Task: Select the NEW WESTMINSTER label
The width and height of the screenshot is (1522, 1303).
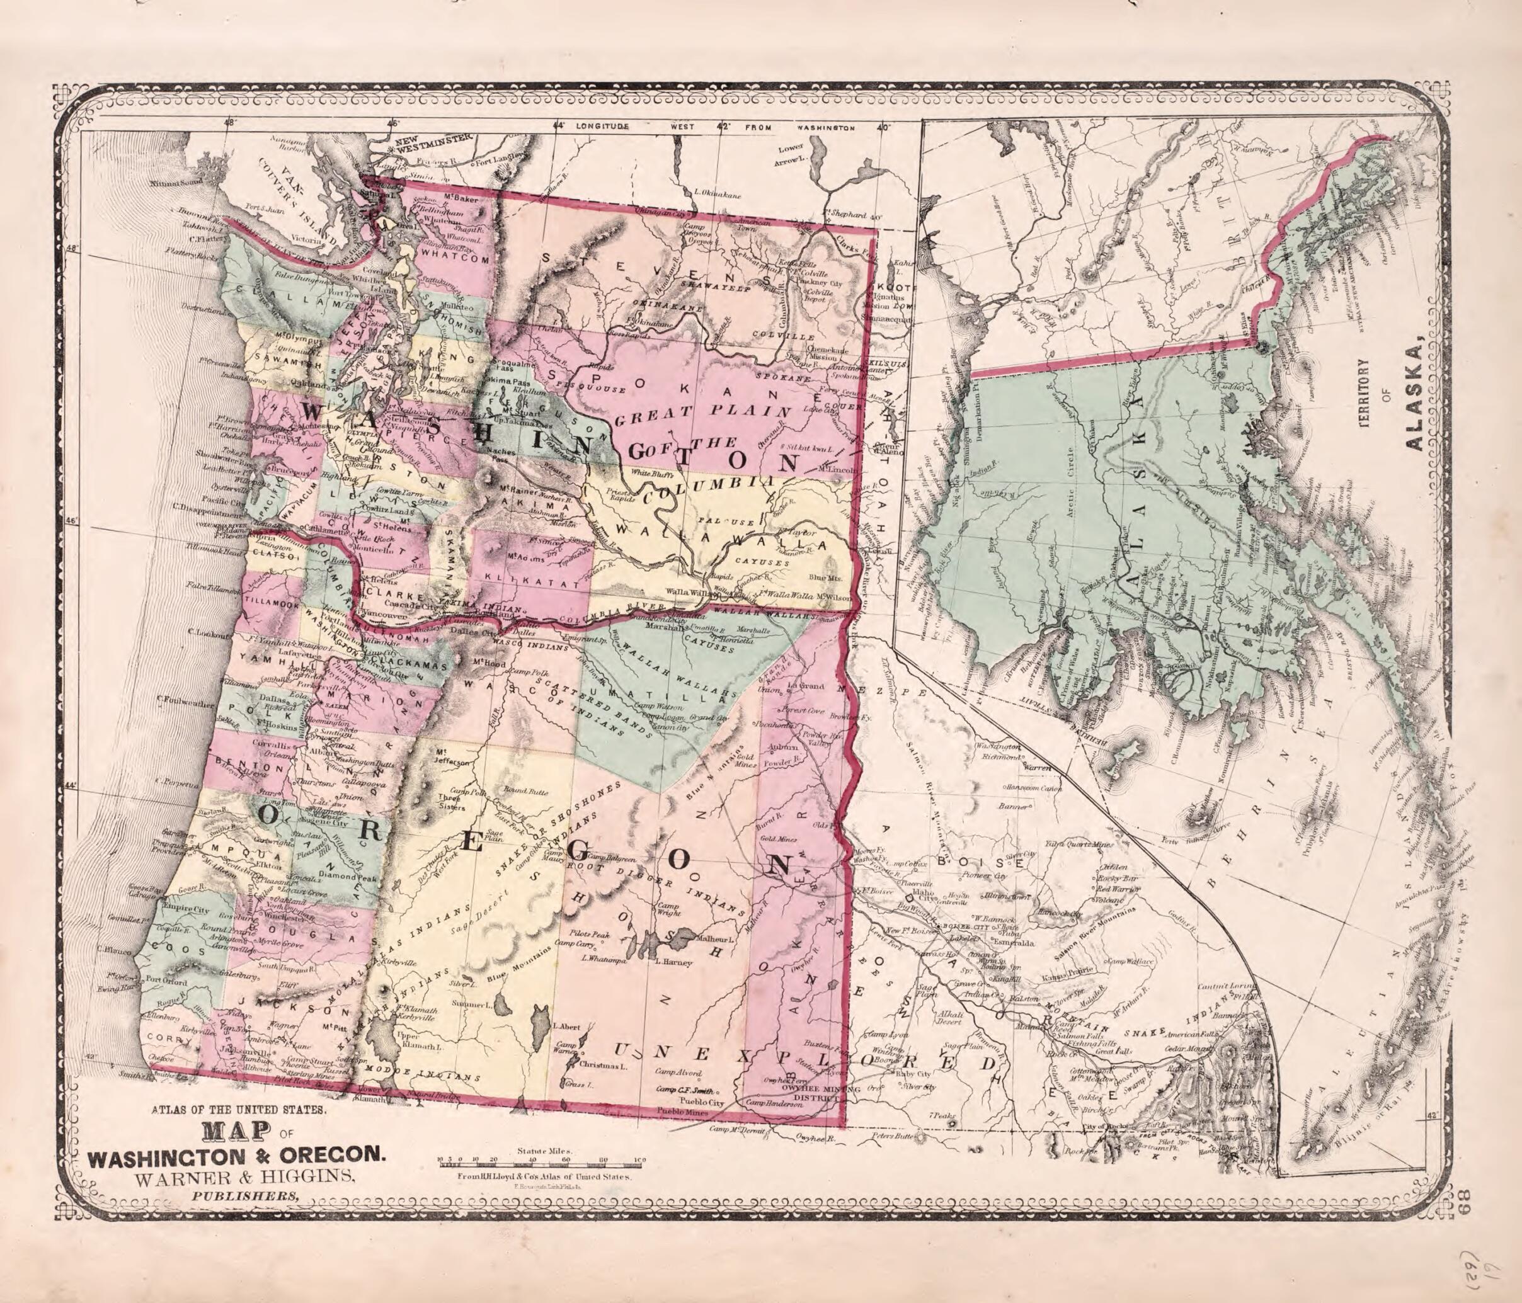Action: [431, 138]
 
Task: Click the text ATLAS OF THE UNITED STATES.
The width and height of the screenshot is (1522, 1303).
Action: [243, 1132]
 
